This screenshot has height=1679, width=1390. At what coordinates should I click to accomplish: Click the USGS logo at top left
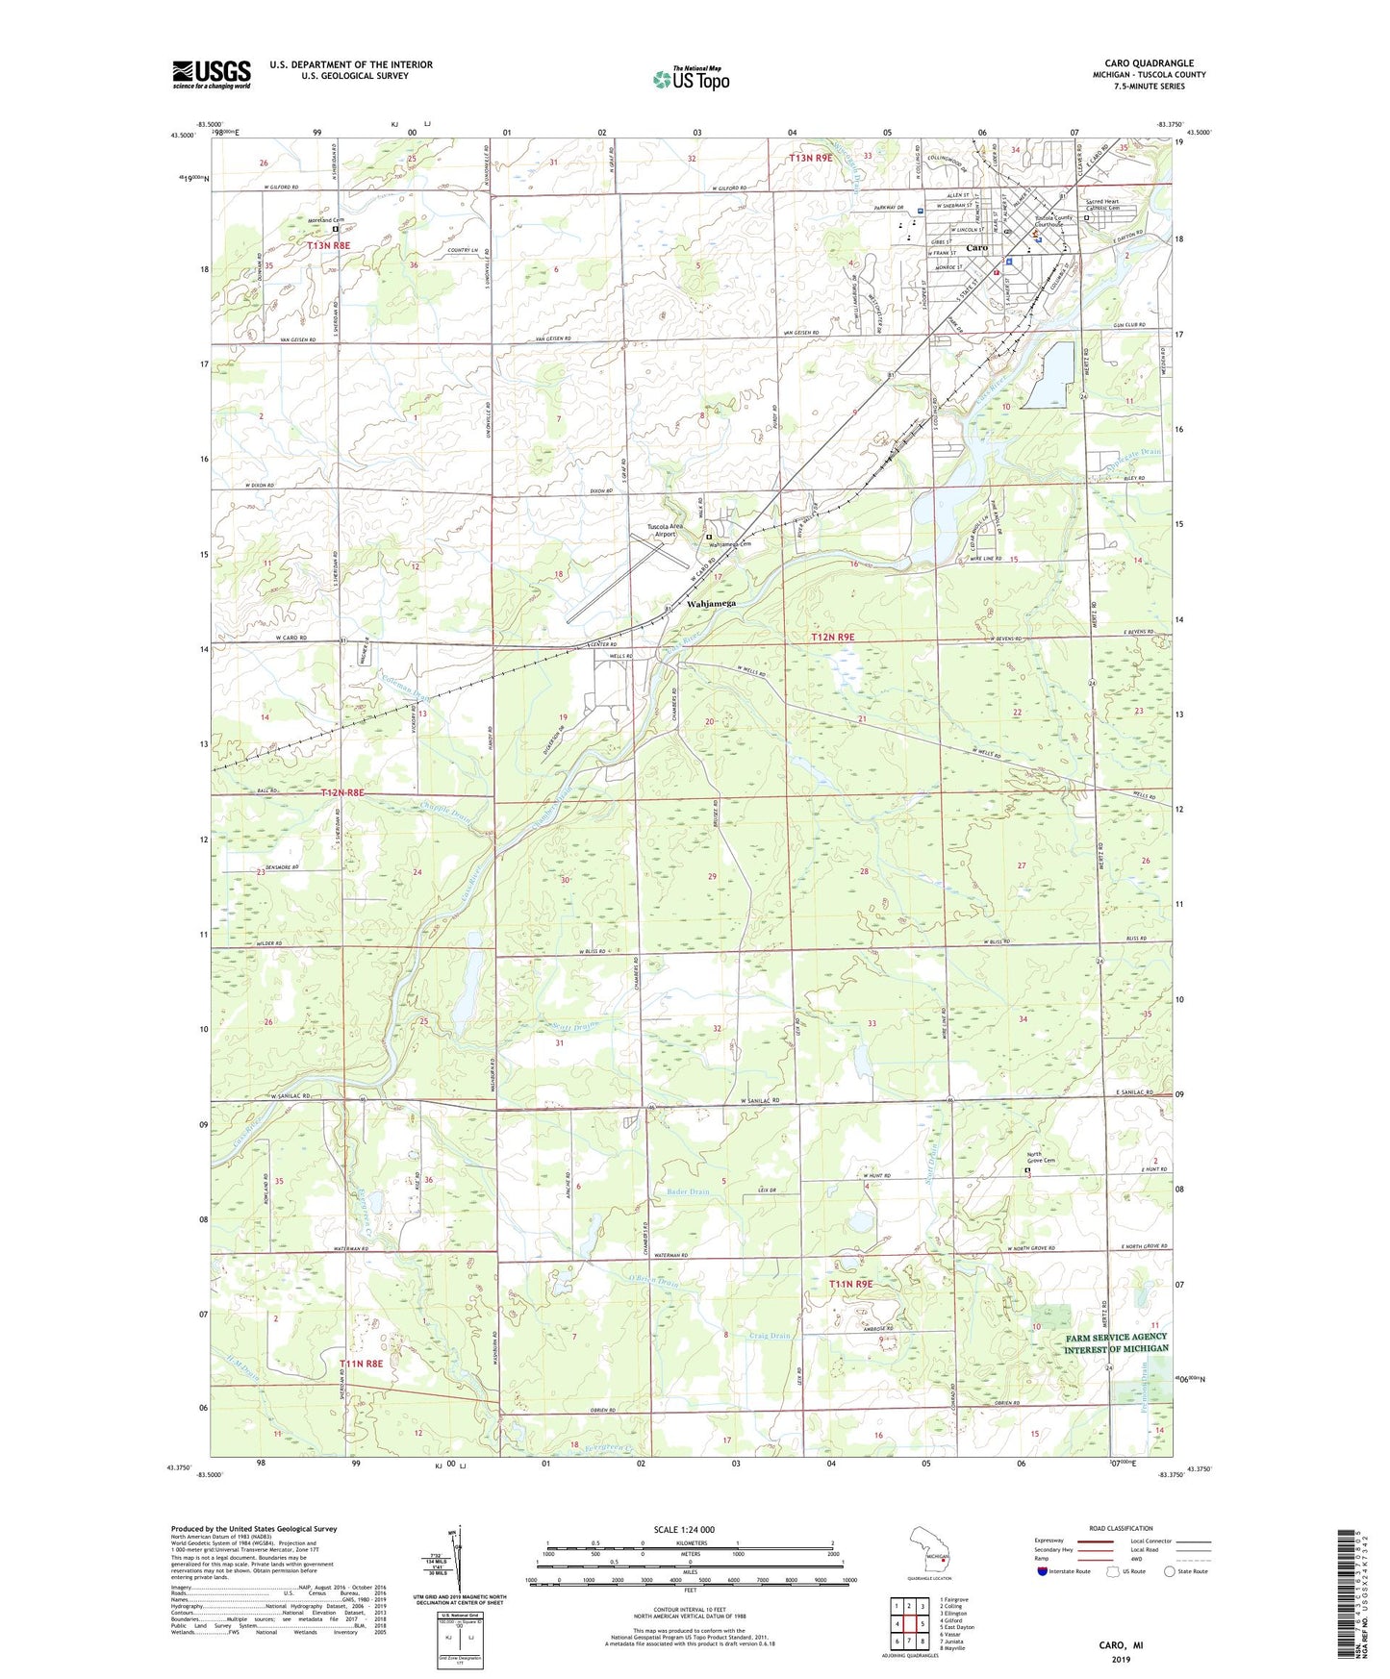[212, 74]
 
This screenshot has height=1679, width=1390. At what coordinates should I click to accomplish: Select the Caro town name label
[976, 248]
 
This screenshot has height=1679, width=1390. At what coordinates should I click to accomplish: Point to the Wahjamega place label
[712, 604]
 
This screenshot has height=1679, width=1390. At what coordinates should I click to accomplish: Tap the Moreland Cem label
[325, 220]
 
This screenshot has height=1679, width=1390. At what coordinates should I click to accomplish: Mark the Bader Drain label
[687, 1191]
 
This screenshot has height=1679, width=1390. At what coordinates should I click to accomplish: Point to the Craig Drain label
[770, 1336]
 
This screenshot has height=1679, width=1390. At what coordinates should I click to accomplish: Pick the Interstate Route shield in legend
[1045, 1571]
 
